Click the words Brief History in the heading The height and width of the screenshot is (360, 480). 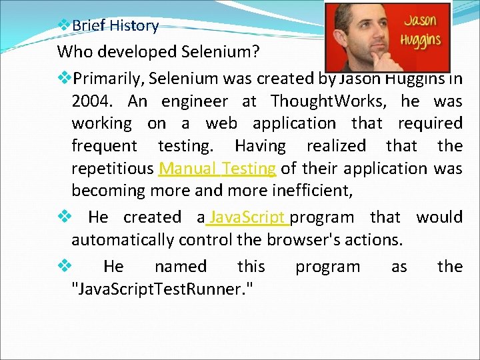tap(115, 26)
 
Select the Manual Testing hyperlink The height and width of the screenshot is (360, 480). tap(217, 168)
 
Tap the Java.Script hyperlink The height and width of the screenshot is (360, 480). tap(248, 217)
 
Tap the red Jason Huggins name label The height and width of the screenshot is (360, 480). tap(421, 31)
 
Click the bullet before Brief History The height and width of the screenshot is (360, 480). tap(64, 25)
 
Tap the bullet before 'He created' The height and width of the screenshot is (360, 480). tap(64, 217)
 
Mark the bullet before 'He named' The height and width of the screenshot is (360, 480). tap(64, 267)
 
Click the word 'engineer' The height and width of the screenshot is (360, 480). tap(194, 101)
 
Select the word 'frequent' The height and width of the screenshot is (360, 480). tap(104, 145)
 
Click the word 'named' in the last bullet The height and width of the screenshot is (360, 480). tap(180, 267)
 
